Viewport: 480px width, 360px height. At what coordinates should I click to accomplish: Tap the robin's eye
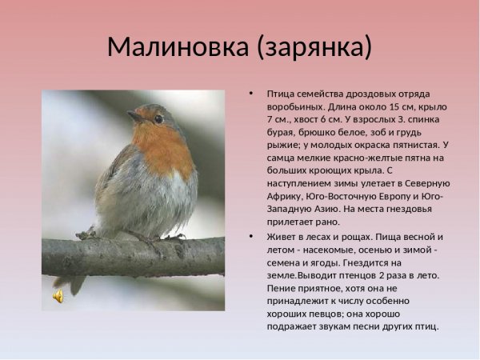pos(158,118)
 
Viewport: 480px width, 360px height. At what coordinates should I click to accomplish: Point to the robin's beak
pos(134,117)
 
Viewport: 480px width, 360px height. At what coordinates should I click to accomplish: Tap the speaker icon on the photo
pos(58,296)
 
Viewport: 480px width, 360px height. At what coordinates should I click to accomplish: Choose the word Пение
pos(283,288)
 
